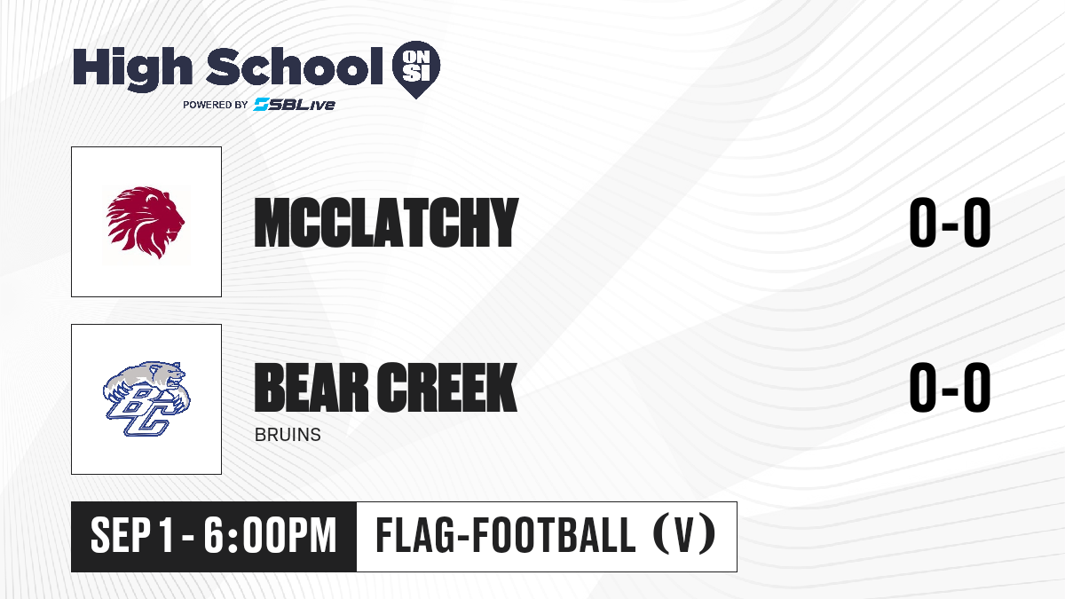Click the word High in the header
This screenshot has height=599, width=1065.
pos(132,69)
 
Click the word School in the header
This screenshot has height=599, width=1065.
pos(295,67)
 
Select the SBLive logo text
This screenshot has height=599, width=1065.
pos(294,105)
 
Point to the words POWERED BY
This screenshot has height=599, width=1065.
pos(216,105)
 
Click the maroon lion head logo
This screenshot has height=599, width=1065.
pos(146,223)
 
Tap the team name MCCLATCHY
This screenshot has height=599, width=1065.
pos(386,223)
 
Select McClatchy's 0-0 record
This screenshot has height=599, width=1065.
pos(950,223)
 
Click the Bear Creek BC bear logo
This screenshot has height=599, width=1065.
pos(146,398)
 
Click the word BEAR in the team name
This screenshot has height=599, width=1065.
pos(312,387)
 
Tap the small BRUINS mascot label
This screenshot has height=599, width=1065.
pos(288,435)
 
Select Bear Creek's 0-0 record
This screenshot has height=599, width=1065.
pos(950,387)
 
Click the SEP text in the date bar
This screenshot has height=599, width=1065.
pos(121,536)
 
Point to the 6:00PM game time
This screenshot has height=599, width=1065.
pos(270,536)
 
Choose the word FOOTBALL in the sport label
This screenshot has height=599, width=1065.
pos(554,535)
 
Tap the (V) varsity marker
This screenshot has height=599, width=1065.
pos(684,535)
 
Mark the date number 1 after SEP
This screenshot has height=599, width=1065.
pos(166,536)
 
